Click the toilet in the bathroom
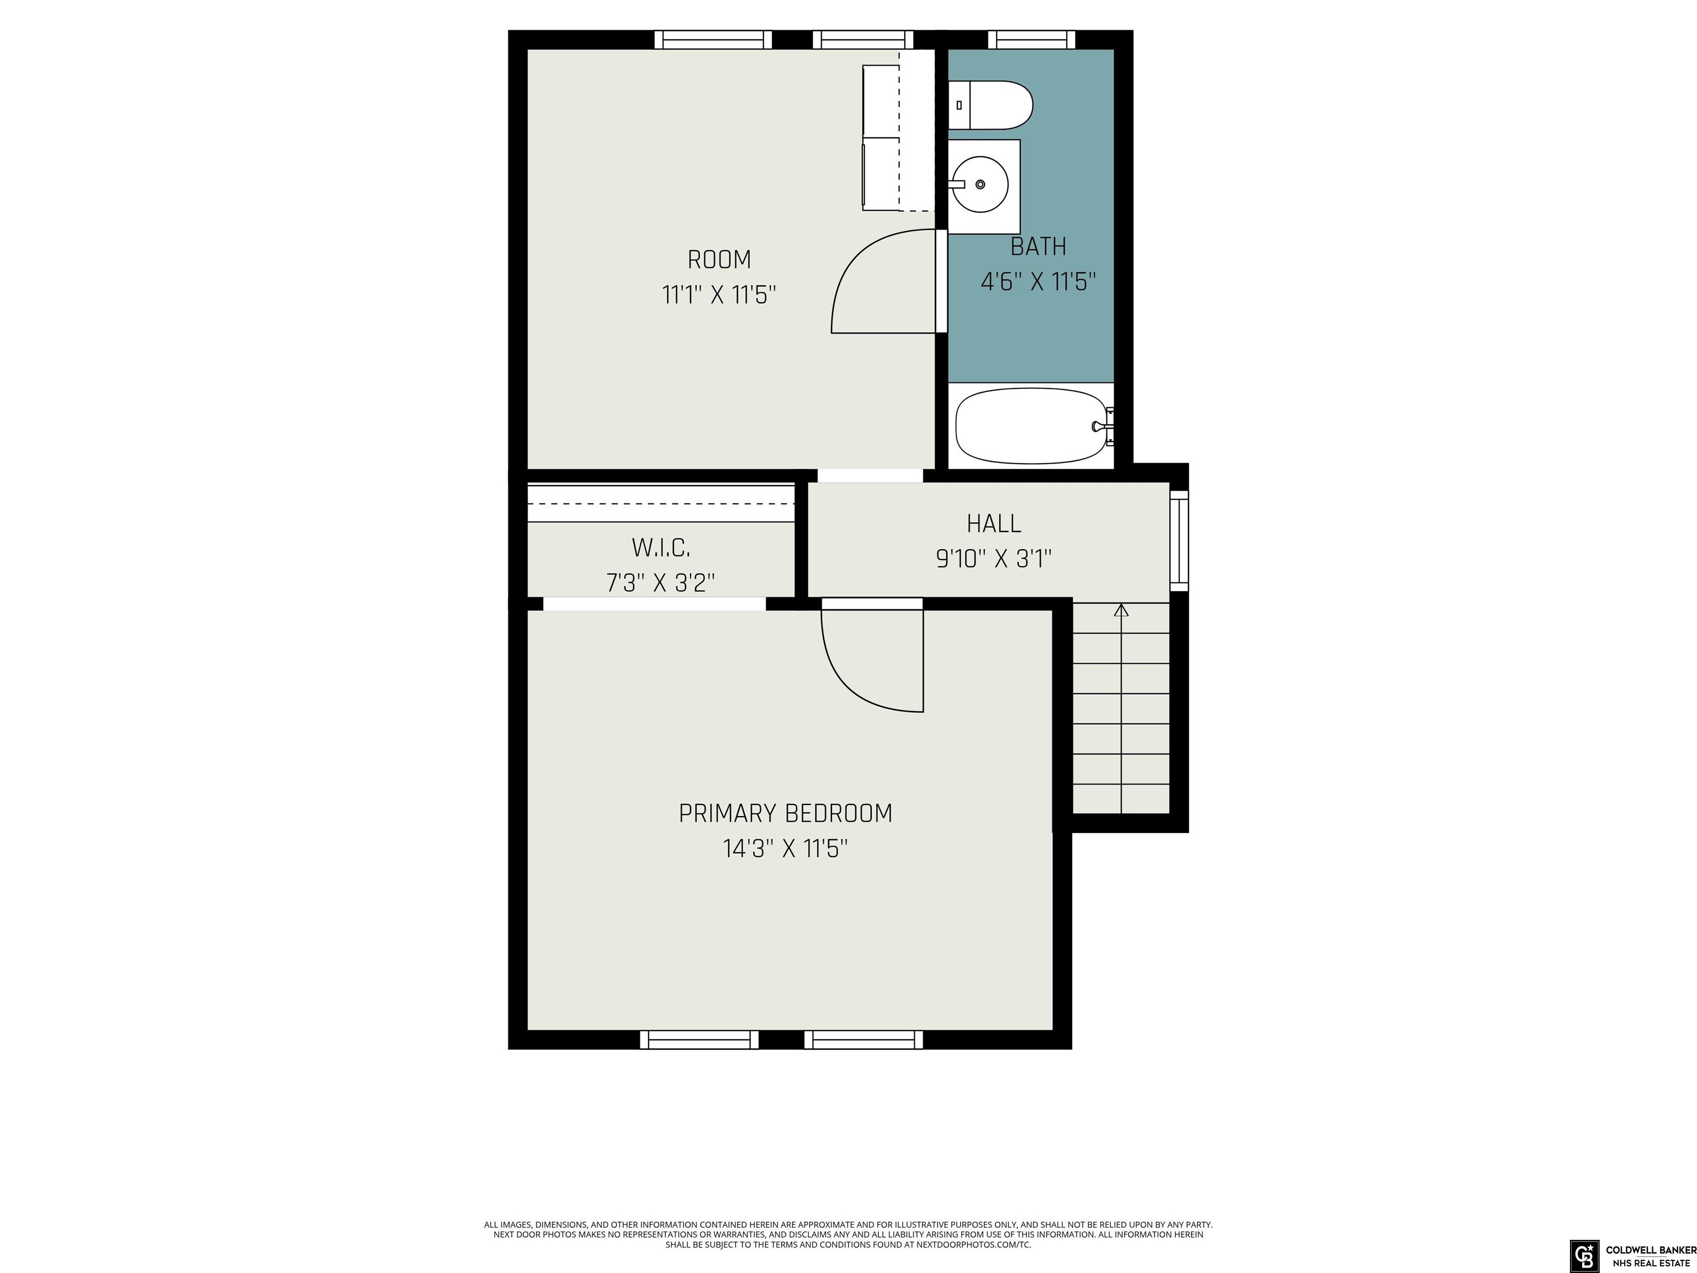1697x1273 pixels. click(x=990, y=105)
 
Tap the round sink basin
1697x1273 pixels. click(x=981, y=184)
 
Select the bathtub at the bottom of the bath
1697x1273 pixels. click(x=1034, y=426)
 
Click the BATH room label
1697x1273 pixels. click(x=1038, y=246)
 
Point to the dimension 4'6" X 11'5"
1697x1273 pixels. click(x=1037, y=282)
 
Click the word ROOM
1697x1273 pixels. click(x=719, y=260)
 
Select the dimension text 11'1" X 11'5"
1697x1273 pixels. click(x=719, y=294)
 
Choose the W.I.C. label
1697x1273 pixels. click(x=661, y=548)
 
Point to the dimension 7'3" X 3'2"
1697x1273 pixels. click(x=661, y=583)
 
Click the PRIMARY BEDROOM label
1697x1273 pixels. click(x=786, y=813)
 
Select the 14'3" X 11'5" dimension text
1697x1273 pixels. click(x=786, y=849)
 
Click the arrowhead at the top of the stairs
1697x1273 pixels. click(x=1121, y=611)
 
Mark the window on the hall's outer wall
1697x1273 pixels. click(x=1179, y=541)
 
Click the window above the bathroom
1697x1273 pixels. click(x=1031, y=39)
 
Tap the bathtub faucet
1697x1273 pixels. click(x=1103, y=427)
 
